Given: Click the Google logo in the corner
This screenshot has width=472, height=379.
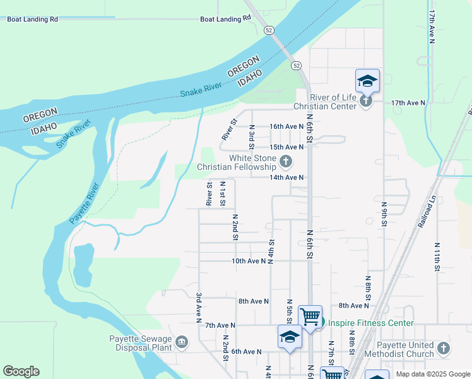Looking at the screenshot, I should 21,371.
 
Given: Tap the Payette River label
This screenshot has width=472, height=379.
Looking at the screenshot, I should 85,203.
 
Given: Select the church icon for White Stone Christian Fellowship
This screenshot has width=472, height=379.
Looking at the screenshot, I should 286,162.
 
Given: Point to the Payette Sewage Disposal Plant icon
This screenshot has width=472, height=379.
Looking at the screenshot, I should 182,342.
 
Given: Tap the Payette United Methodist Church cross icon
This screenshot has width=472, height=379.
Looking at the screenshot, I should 444,348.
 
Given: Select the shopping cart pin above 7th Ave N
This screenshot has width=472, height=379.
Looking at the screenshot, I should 310,316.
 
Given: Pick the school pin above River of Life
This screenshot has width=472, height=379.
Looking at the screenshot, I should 367,80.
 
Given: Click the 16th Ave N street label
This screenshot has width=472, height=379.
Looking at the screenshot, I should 286,126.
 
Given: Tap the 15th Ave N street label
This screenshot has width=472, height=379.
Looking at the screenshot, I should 286,147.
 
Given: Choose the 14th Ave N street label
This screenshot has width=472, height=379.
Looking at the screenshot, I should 286,178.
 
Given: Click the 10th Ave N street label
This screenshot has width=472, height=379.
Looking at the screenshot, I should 249,261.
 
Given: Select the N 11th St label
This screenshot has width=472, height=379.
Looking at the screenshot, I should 437,256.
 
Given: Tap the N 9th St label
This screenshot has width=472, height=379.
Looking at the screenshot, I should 384,215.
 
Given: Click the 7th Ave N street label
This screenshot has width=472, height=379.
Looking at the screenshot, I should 220,325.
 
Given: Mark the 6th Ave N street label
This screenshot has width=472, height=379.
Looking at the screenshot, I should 246,351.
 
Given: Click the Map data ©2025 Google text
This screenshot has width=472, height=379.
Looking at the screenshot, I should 433,374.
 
